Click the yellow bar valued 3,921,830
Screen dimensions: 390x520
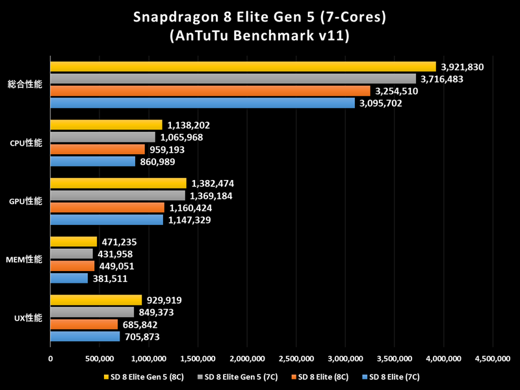[243, 66]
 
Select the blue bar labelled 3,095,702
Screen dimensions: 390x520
[203, 103]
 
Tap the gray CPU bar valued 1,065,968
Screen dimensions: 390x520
[103, 137]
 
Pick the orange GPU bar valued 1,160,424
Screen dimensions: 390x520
[107, 208]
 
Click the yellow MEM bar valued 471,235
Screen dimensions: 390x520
[73, 242]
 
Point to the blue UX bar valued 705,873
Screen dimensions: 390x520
[85, 337]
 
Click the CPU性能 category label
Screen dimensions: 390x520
[25, 143]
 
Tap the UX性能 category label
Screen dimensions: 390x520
[27, 318]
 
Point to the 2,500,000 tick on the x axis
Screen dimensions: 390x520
[296, 357]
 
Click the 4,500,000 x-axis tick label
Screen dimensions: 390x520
[492, 357]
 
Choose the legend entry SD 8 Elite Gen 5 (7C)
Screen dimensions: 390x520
[239, 376]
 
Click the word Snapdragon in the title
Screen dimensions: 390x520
[173, 16]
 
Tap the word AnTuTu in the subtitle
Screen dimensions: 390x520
[198, 36]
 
